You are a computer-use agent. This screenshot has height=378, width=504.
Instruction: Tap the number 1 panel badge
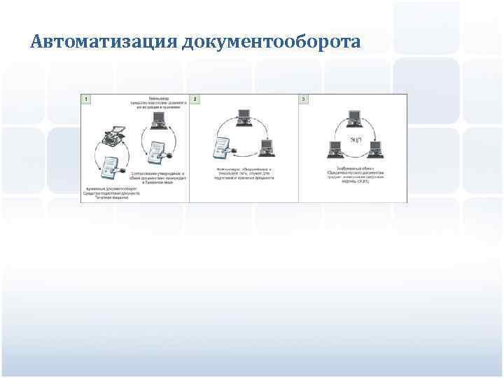[x=85, y=99]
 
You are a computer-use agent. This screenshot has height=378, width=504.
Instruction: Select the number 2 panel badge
[x=195, y=99]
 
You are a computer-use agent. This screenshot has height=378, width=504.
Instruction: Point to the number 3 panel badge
[x=303, y=99]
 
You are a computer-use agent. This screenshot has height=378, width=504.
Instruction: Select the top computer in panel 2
[x=244, y=117]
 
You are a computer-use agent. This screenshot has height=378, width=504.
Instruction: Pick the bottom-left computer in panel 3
[x=333, y=149]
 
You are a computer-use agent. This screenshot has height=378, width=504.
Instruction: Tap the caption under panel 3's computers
[x=353, y=173]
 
